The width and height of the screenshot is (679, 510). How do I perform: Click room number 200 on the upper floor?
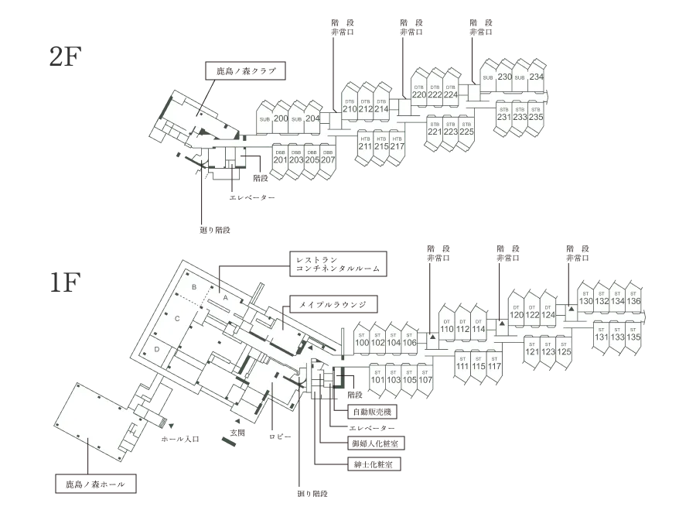(281, 118)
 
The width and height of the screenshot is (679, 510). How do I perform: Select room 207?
(328, 160)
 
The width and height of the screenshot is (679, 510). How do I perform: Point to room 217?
(398, 146)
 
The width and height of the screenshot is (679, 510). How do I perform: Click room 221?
(434, 132)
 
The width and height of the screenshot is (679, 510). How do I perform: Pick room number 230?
(504, 77)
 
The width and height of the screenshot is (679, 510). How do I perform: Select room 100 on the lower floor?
(361, 343)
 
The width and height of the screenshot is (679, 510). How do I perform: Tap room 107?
(426, 380)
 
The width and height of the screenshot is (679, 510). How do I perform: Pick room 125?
(564, 352)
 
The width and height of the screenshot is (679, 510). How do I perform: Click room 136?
(634, 300)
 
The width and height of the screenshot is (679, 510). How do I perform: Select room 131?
(601, 337)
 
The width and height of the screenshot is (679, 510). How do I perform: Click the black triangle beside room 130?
(571, 309)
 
